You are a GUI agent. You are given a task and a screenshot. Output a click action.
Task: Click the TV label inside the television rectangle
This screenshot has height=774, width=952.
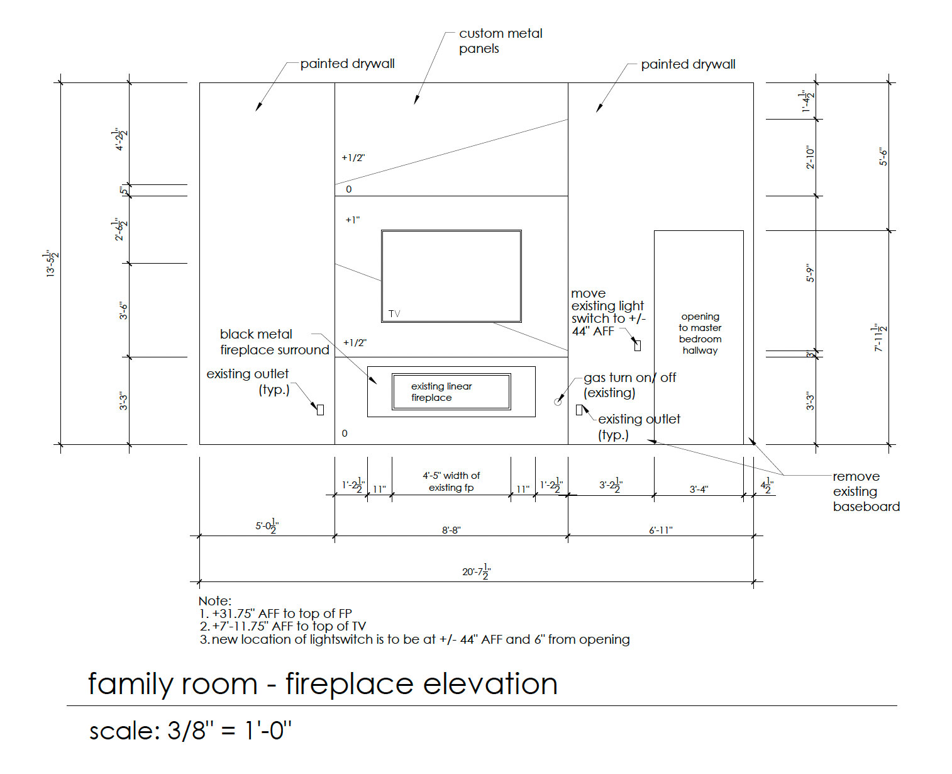(394, 313)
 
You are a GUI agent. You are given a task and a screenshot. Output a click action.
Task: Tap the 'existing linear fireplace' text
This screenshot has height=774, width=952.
(441, 391)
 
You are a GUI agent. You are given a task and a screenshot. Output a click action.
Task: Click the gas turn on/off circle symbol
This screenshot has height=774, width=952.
(558, 401)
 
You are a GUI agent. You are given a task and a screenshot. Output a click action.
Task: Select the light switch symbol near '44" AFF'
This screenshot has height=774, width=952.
(637, 345)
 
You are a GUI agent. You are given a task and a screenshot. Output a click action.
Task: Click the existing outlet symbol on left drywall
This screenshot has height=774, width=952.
(320, 410)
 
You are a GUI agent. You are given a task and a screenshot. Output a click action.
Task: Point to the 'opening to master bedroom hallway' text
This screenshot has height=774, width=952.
(700, 334)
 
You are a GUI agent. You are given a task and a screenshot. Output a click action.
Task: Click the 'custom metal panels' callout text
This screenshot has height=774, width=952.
(500, 41)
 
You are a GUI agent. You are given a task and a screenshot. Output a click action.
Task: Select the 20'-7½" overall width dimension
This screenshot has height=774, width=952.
(476, 571)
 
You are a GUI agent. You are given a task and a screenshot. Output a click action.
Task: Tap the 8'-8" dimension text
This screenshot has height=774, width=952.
(451, 530)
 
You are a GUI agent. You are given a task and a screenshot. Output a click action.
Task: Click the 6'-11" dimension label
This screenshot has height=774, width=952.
(660, 530)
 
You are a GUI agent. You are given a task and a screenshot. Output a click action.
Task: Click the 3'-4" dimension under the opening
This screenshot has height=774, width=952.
(699, 489)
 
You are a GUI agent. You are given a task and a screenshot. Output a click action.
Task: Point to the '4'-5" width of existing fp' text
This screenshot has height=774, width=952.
(451, 481)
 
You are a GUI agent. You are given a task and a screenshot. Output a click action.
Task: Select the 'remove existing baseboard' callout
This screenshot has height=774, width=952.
(865, 491)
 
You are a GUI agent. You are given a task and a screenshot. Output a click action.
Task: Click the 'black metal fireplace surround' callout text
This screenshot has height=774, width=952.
(274, 342)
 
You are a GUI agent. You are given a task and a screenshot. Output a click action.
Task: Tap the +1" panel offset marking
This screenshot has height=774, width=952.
(352, 220)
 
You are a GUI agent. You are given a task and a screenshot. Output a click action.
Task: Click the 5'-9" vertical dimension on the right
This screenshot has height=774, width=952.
(811, 273)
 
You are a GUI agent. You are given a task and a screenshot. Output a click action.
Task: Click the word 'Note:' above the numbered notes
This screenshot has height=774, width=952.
(215, 601)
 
